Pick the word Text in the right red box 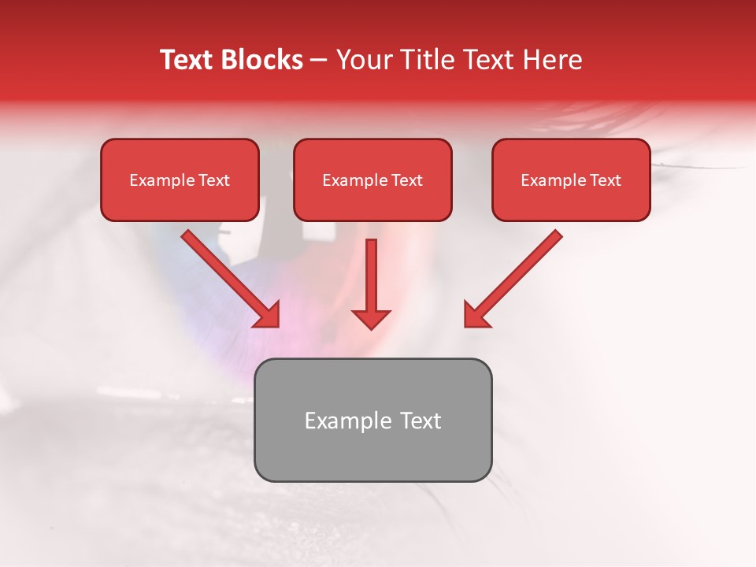pos(606,180)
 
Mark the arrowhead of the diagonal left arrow pos(268,315)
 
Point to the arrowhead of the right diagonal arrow pos(475,315)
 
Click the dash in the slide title pos(319,61)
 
